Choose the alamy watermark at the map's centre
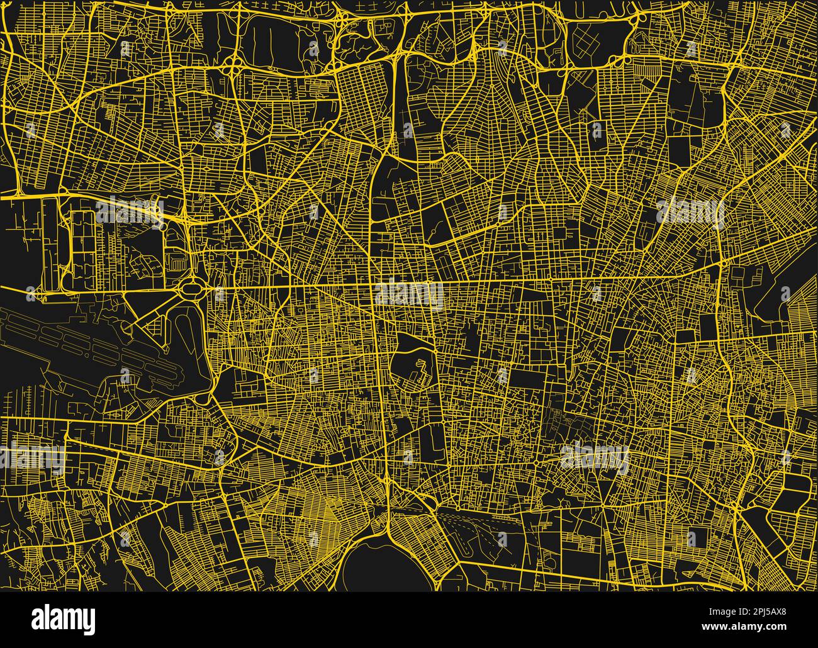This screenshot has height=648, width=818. (x=409, y=296)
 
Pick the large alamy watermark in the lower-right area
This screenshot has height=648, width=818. (x=594, y=459)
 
